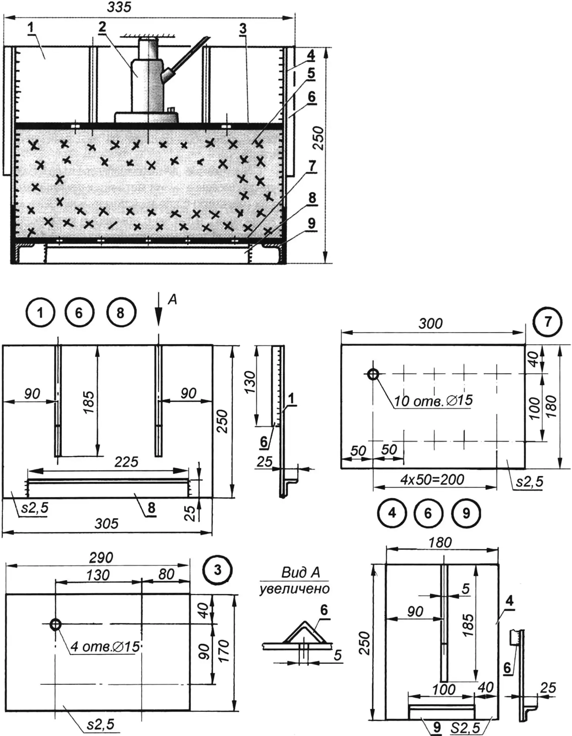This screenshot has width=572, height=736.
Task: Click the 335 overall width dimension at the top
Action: (x=119, y=7)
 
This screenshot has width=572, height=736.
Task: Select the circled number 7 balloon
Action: (x=548, y=322)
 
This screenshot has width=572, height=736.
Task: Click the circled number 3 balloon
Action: (x=218, y=570)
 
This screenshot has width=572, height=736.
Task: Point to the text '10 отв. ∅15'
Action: (x=433, y=401)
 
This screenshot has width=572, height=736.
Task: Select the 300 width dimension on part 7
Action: (x=430, y=324)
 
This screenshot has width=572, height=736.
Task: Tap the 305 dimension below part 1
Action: (x=106, y=523)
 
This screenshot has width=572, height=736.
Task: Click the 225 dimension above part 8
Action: (x=126, y=462)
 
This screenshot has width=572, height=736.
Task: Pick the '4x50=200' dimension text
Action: (x=432, y=480)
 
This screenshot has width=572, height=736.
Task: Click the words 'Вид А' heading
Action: (x=300, y=573)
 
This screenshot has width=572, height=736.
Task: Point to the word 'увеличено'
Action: (x=294, y=589)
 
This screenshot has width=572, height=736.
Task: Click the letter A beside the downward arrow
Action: (x=172, y=299)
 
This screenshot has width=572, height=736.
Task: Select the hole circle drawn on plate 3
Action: (x=55, y=624)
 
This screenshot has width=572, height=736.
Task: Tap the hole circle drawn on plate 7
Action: (x=373, y=374)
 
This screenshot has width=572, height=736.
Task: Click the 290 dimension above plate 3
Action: (x=101, y=557)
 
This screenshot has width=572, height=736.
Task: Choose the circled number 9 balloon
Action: (x=466, y=513)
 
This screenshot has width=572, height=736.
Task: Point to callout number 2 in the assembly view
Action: (x=102, y=27)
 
